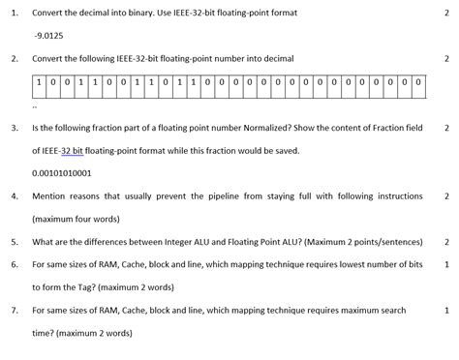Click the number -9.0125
47,35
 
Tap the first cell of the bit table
38,83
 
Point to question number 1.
14,12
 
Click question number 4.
14,195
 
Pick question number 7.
14,311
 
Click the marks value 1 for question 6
445,264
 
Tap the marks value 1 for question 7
445,311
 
